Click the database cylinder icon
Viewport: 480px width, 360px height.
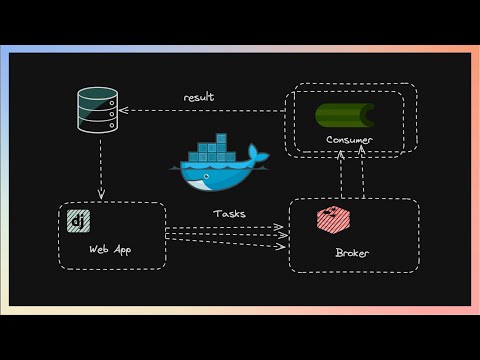point(98,110)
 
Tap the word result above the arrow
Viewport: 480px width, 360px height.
point(199,97)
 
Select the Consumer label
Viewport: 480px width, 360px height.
point(349,140)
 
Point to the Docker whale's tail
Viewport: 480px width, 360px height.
point(259,154)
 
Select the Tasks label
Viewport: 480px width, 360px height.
point(229,213)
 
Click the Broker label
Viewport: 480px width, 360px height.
point(351,253)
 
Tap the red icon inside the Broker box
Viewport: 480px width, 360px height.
point(329,220)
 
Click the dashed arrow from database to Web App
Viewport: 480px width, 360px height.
point(100,165)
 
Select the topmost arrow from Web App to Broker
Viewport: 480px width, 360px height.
point(225,227)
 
